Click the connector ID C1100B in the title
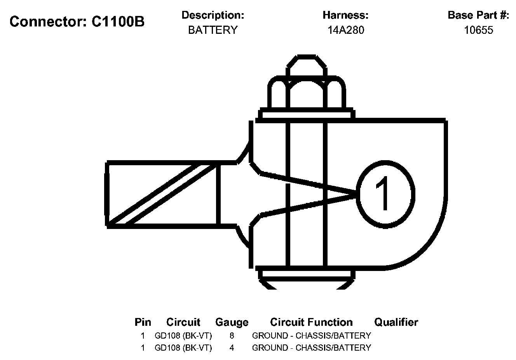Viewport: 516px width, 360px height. click(x=118, y=22)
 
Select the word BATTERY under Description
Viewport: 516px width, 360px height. click(x=213, y=30)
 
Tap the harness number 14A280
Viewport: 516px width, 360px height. click(x=345, y=30)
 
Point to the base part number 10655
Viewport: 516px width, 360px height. click(x=478, y=30)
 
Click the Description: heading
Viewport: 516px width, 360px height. click(x=213, y=15)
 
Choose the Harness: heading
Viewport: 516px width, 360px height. click(x=345, y=15)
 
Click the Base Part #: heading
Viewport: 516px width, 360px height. click(x=478, y=15)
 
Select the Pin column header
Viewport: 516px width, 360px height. click(x=143, y=322)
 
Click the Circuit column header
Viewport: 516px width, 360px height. click(x=183, y=322)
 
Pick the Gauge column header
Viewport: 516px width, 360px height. click(x=232, y=322)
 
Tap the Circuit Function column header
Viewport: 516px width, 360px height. click(x=311, y=322)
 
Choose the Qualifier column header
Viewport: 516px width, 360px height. click(x=396, y=322)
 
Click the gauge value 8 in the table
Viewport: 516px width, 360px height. click(x=232, y=336)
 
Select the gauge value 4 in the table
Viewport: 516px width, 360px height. click(x=232, y=348)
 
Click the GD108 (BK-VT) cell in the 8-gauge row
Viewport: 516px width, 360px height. click(x=183, y=336)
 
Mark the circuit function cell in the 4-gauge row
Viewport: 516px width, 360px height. click(x=311, y=348)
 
